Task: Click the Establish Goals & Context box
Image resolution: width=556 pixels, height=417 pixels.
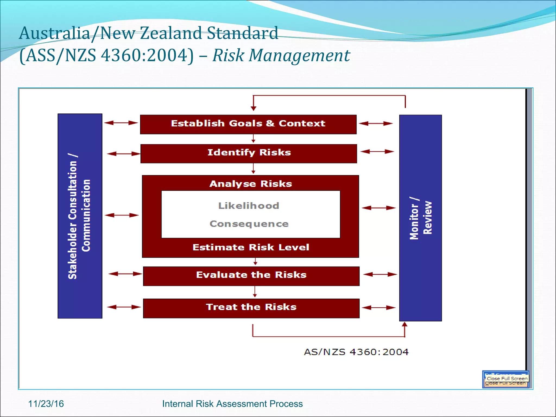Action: coord(248,124)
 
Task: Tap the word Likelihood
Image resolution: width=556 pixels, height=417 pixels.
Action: coord(249,206)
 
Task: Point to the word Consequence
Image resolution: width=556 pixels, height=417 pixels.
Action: coord(249,224)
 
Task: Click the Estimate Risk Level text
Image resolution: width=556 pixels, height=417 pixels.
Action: coord(251,247)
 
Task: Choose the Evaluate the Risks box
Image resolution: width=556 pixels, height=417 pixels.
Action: coord(251,276)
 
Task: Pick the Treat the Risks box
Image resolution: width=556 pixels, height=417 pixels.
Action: coord(251,308)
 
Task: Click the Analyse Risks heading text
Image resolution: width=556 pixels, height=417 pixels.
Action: coord(251,184)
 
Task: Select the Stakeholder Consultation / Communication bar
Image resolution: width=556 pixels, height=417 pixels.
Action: coord(80,216)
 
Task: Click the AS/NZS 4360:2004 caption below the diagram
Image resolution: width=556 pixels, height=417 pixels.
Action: coord(356,352)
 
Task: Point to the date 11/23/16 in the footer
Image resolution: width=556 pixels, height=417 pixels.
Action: coord(46,404)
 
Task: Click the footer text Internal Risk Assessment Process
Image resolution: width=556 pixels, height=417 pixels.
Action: coord(232,404)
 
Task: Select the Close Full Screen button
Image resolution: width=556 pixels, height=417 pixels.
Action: coord(507,378)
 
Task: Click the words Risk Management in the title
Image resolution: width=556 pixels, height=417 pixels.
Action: coord(281,55)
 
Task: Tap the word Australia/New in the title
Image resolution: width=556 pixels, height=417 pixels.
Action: coord(77,33)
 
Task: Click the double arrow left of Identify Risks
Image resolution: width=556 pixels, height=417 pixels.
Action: coord(124,154)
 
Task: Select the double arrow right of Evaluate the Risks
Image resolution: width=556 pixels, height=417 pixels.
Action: coord(380,274)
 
